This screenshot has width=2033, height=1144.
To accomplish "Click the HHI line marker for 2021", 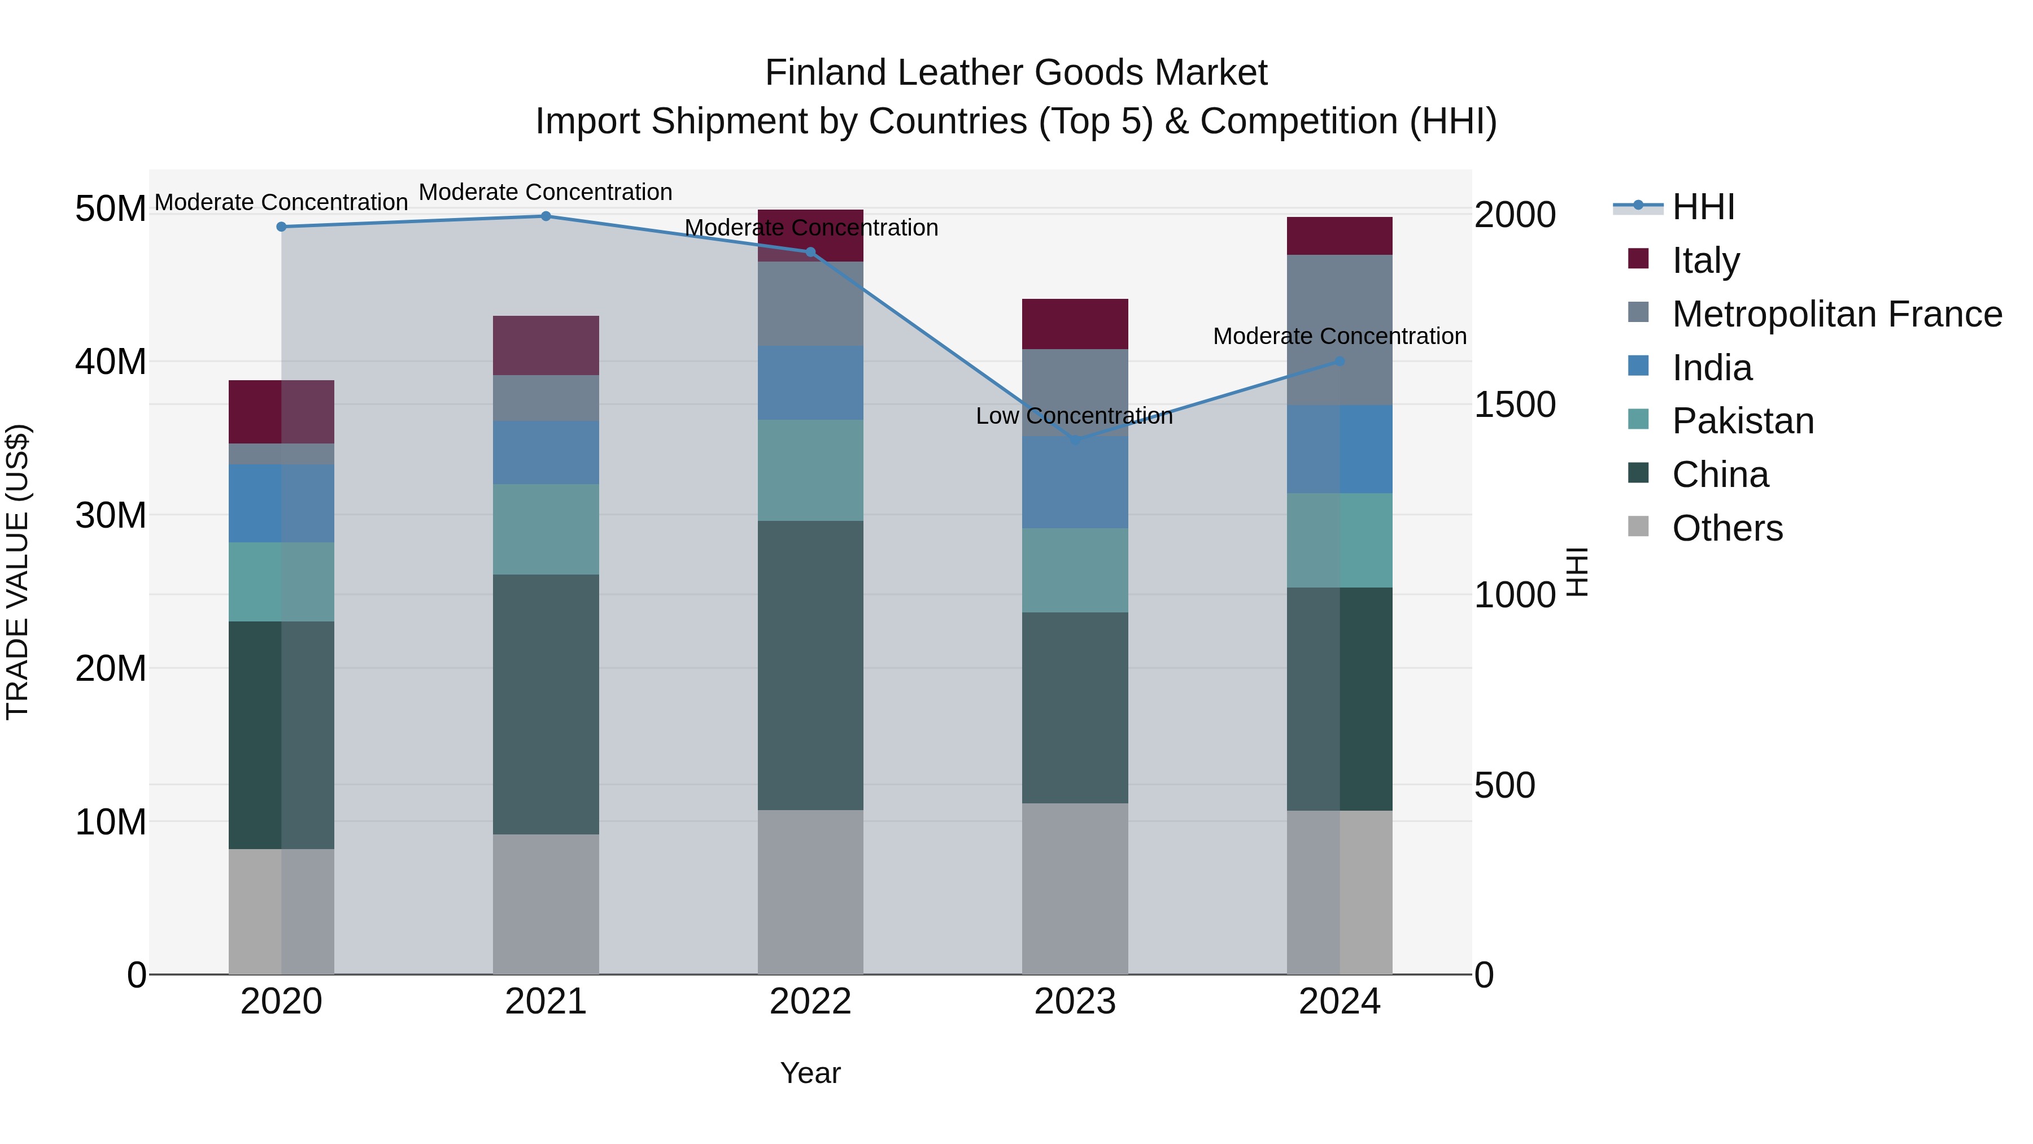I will [546, 216].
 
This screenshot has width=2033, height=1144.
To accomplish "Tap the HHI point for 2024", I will [1340, 362].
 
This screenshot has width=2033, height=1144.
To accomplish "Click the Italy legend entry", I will [1705, 260].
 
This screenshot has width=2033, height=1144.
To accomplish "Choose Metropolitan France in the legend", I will [1836, 314].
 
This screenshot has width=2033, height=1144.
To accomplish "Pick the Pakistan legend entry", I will [1743, 421].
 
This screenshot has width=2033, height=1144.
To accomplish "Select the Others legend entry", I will [1727, 528].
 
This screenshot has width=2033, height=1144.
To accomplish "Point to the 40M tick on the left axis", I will [111, 362].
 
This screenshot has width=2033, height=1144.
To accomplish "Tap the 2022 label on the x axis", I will [810, 1002].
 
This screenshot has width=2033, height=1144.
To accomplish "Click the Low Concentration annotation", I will [1074, 416].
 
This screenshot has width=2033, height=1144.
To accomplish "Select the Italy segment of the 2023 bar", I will [1075, 324].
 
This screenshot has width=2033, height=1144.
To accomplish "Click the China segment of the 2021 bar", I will [546, 704].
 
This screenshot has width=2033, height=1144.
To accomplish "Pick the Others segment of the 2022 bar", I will [810, 892].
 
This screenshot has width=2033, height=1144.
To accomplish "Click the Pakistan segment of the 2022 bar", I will [810, 471].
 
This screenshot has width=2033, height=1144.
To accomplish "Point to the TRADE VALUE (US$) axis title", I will [18, 572].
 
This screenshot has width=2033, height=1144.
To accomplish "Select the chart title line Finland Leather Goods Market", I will [1016, 73].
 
